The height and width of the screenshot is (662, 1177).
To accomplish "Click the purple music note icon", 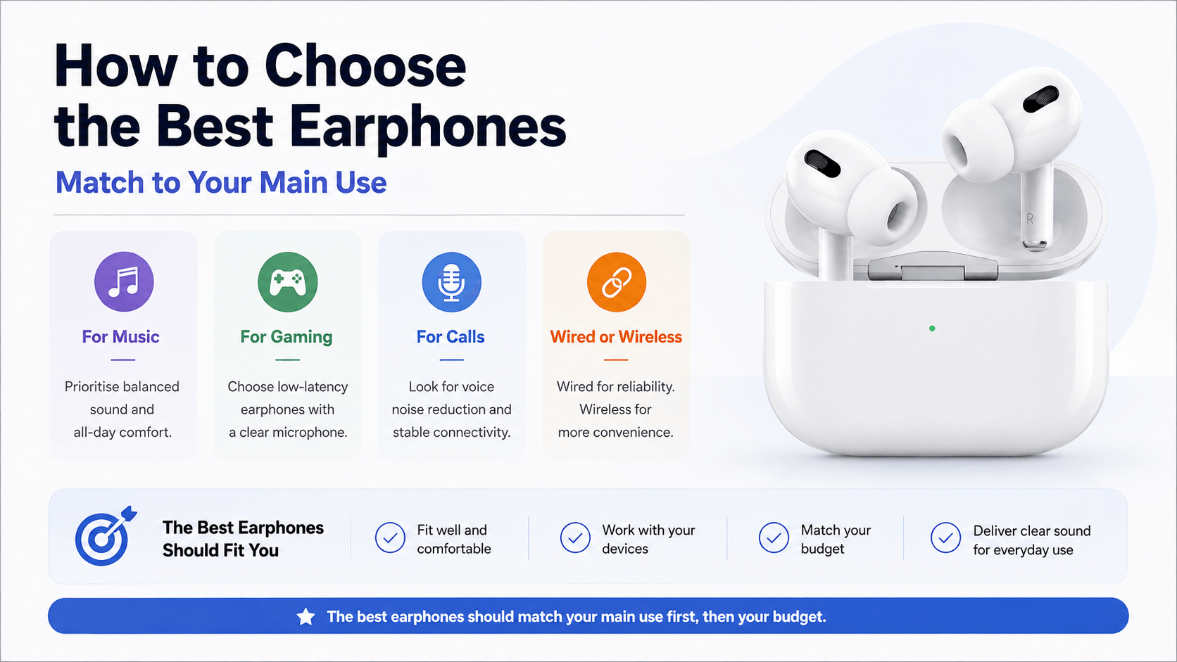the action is [124, 282].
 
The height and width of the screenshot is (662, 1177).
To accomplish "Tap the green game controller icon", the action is [288, 282].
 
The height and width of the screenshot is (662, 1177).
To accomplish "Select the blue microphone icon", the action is [452, 282].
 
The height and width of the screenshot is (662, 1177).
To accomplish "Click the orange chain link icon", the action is [617, 282].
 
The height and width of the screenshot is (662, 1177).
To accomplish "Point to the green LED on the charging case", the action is [932, 329].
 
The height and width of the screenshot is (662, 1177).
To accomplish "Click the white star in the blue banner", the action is [306, 617].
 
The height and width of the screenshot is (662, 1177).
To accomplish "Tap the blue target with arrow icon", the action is [106, 537].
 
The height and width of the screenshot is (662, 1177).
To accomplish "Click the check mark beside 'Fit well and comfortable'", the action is [391, 538].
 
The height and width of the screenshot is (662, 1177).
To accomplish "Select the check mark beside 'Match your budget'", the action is [774, 538].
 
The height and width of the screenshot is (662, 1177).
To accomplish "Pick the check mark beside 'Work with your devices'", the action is [575, 538].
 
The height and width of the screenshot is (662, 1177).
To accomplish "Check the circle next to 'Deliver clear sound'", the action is [946, 538].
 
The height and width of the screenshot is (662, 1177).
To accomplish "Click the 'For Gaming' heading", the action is [287, 337].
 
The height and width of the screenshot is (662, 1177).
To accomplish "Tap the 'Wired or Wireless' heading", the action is [616, 336].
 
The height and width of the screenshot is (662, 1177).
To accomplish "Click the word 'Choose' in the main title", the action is [365, 67].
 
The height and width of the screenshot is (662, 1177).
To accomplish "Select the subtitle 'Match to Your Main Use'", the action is [221, 183].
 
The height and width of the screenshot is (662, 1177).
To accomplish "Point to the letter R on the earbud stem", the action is [1030, 219].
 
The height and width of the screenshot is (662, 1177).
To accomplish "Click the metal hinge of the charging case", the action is [933, 270].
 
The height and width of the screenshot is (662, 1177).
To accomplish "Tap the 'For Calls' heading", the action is [451, 336].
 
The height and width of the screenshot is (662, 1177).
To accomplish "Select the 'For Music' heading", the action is [120, 336].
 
